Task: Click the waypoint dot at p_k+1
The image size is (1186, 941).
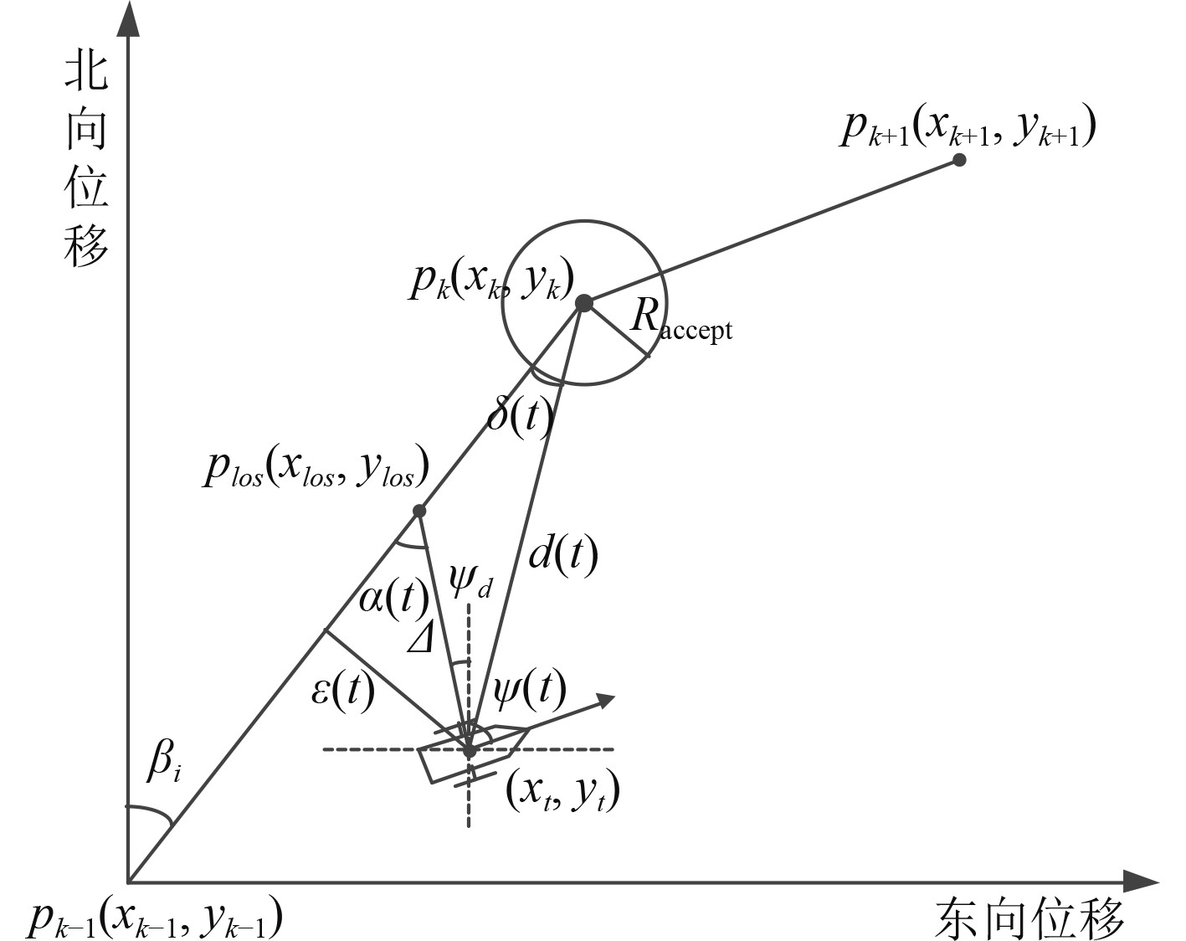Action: pyautogui.click(x=959, y=159)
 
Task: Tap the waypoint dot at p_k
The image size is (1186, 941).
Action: pyautogui.click(x=583, y=303)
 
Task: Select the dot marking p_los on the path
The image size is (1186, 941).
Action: pyautogui.click(x=419, y=511)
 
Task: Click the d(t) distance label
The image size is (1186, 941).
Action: pyautogui.click(x=563, y=553)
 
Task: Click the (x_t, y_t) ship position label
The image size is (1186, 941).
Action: pyautogui.click(x=562, y=790)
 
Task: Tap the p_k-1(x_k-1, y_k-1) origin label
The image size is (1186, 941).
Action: pyautogui.click(x=154, y=919)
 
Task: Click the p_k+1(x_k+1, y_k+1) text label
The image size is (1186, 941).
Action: pyautogui.click(x=968, y=127)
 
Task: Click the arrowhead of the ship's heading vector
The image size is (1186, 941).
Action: pyautogui.click(x=605, y=699)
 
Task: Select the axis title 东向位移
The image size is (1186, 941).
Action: pyautogui.click(x=1029, y=919)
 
